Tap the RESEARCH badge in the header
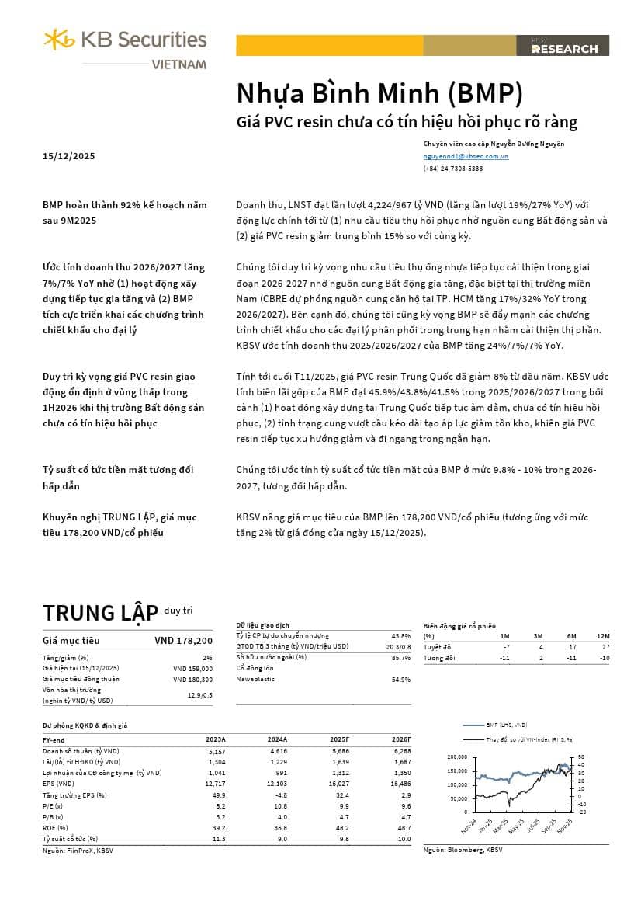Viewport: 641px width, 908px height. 564,48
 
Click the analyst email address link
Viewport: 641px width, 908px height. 466,156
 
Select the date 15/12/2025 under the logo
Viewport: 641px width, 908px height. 68,156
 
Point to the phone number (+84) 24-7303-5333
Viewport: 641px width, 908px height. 452,168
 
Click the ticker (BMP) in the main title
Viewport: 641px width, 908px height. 484,93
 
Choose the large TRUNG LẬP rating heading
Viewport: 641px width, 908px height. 100,613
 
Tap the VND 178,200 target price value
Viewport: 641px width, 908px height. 183,641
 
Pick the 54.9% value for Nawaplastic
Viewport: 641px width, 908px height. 400,680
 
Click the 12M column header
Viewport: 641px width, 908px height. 603,636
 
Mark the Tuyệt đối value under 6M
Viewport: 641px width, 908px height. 572,647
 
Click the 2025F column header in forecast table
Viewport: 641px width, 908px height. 339,740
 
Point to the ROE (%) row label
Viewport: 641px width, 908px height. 57,827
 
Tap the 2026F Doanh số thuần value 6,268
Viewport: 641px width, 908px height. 400,751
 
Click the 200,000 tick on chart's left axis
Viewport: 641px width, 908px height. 457,757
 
